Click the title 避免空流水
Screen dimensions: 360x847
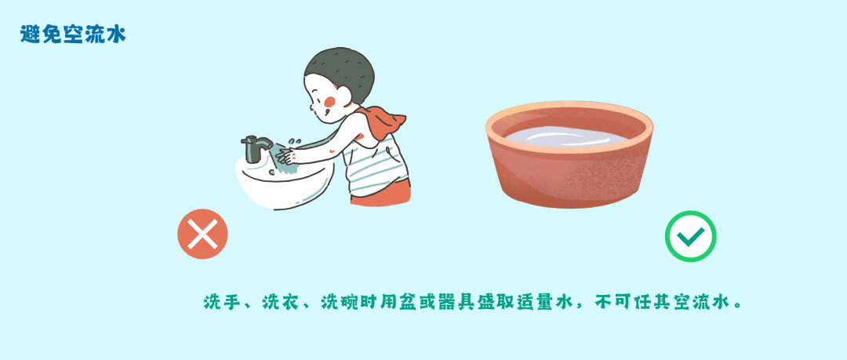[x=73, y=35]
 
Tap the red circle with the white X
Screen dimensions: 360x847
[x=202, y=235]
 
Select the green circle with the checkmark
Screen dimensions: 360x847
[x=690, y=236]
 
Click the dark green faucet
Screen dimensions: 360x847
[x=256, y=147]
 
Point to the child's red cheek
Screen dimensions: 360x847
[x=330, y=102]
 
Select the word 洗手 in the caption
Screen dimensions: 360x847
[x=220, y=302]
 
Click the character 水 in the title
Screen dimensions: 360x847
[x=115, y=35]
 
